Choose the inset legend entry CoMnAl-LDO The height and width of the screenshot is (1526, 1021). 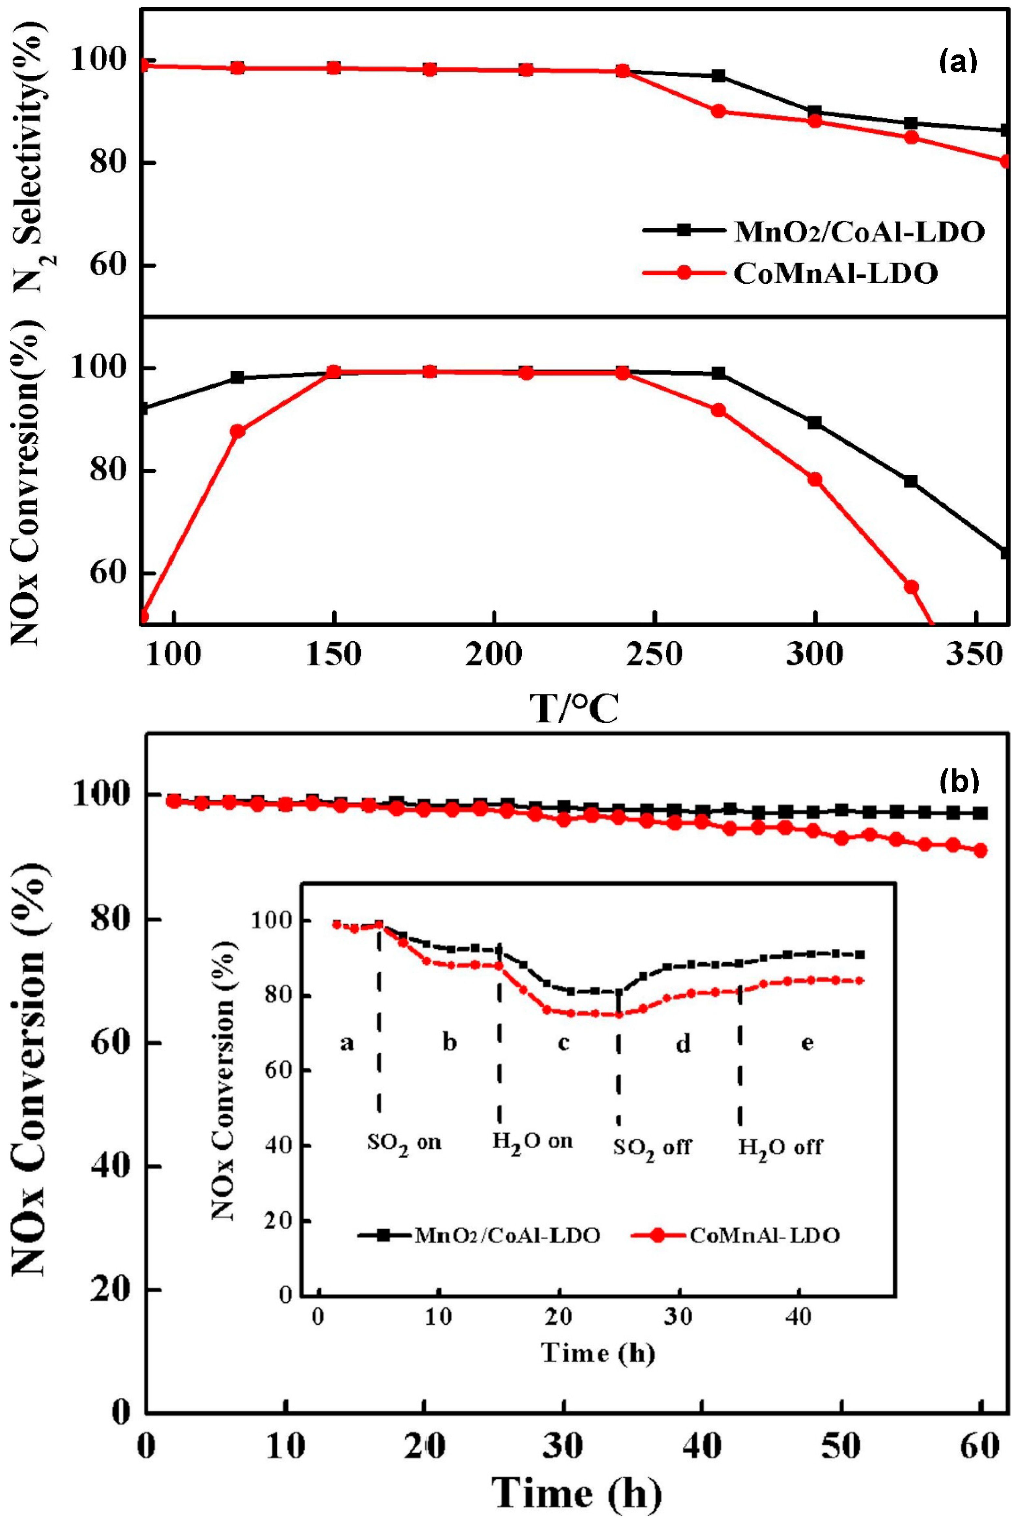pos(764,1236)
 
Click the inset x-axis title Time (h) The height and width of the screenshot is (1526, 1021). pos(597,1354)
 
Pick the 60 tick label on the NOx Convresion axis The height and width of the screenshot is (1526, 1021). pos(109,573)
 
